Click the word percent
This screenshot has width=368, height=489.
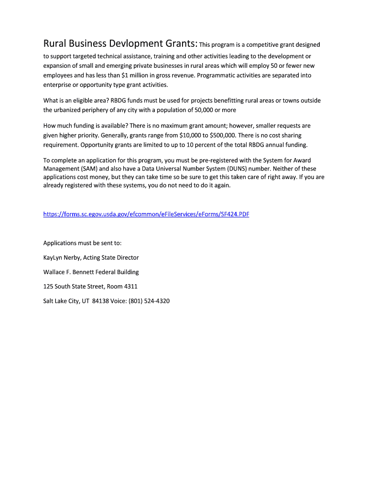(x=204, y=144)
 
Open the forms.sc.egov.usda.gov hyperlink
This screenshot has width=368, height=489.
(x=146, y=214)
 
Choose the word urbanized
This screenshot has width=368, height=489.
(x=69, y=110)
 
